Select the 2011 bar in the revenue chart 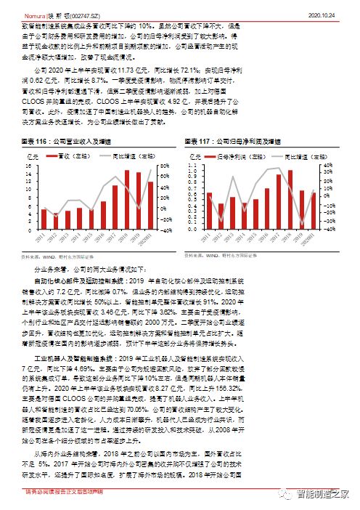tap(44, 219)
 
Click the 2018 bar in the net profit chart tap(291, 200)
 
